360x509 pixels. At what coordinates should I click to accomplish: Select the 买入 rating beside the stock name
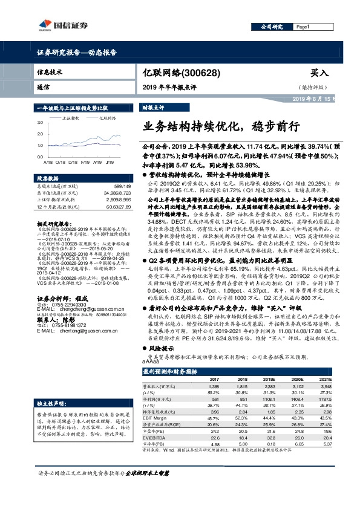318,73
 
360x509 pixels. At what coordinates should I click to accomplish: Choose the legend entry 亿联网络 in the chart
106,118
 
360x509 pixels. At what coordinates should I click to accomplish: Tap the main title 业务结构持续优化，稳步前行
221,128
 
